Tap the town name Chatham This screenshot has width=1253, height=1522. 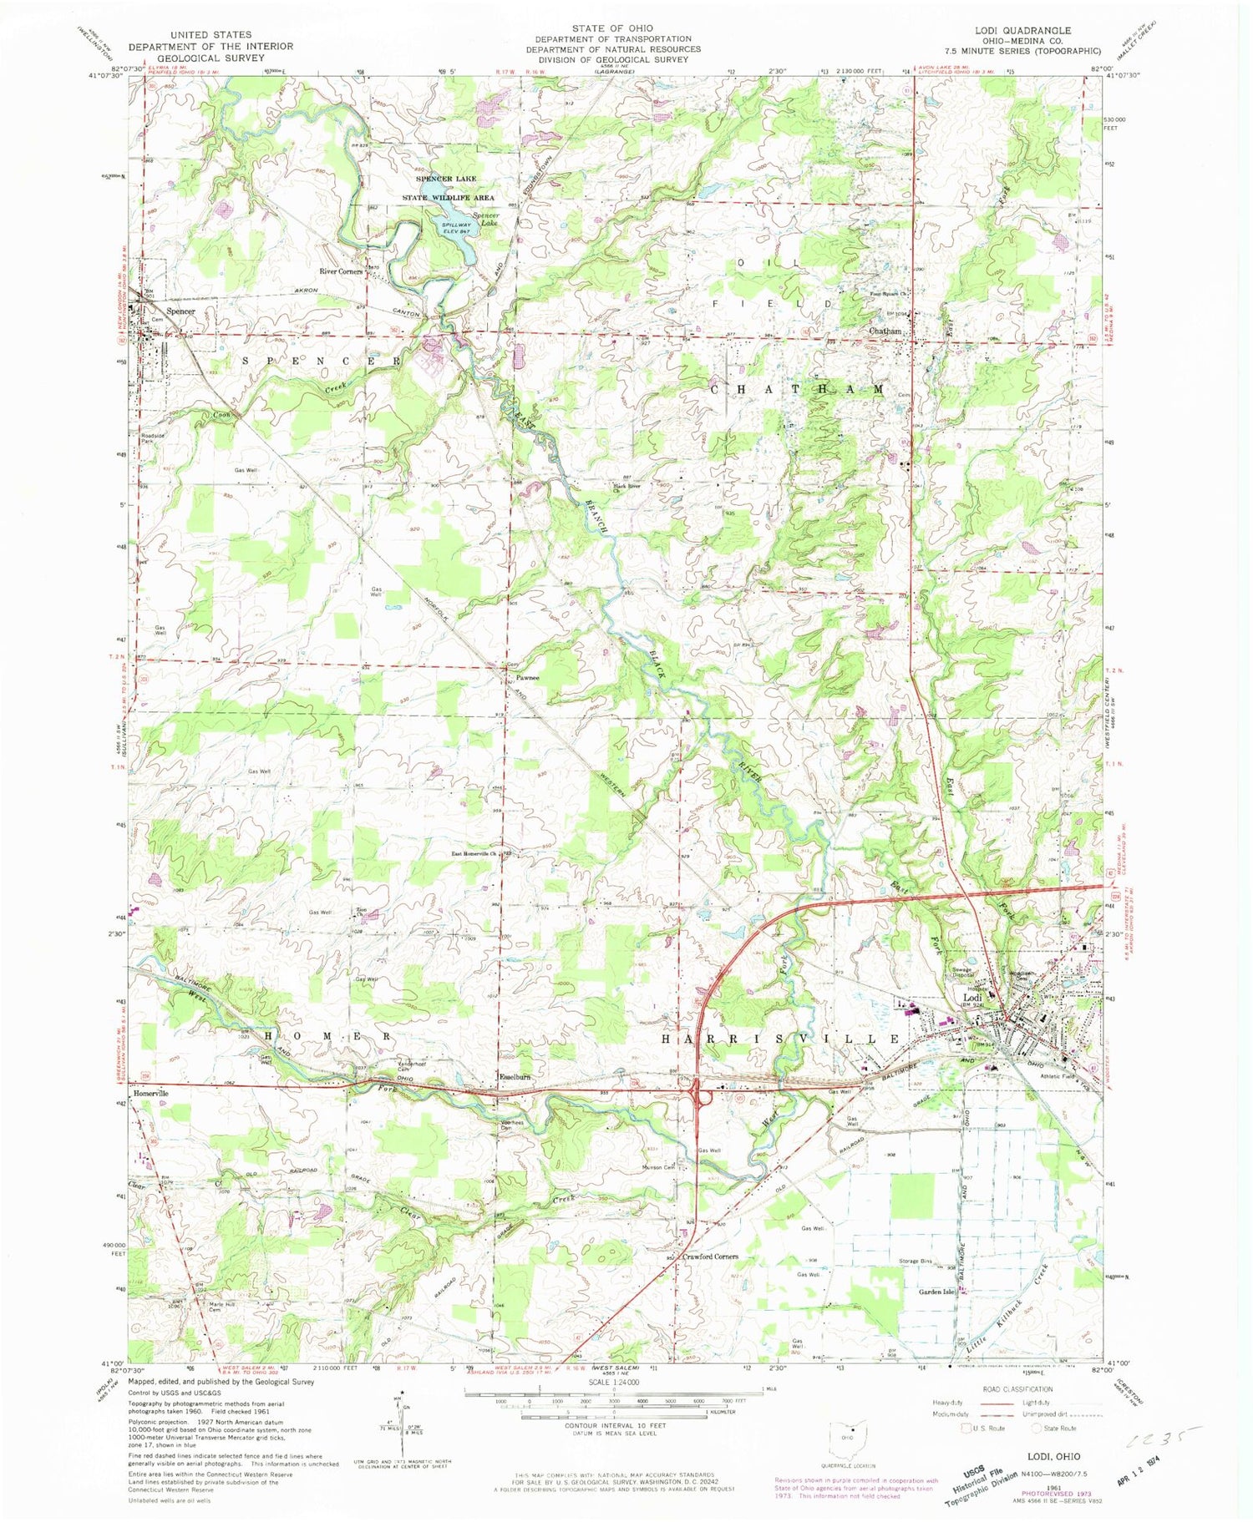(x=885, y=331)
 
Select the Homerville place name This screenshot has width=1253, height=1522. (x=150, y=1093)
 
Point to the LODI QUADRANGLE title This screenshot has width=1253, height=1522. (x=1023, y=31)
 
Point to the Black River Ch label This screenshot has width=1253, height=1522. (x=634, y=486)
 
